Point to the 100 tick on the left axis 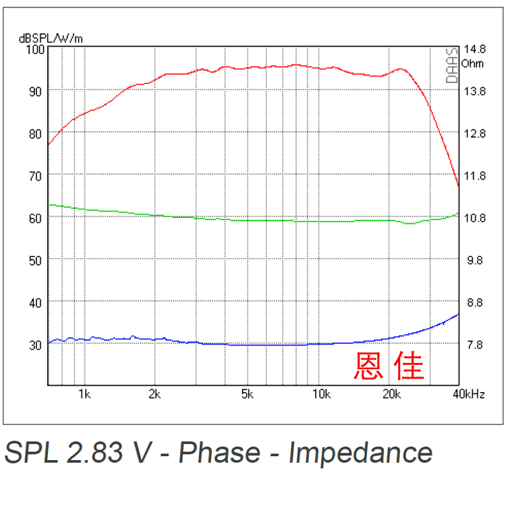coord(34,49)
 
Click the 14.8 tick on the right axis coord(474,49)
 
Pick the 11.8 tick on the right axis coord(474,176)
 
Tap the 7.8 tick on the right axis coord(474,345)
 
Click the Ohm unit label coord(473,63)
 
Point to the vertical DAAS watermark coord(452,65)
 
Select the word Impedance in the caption coord(360,453)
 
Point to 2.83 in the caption coord(98,453)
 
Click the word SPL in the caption coord(31,453)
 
